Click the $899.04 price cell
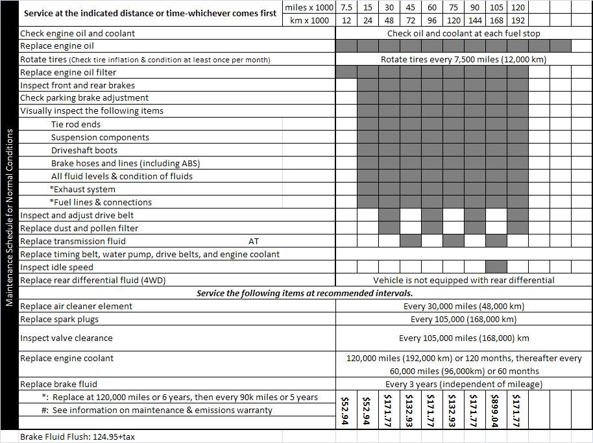tap(496, 410)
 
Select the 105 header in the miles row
tap(496, 7)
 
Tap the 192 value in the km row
tap(518, 20)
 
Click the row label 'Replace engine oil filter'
tap(68, 72)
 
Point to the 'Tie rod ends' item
tap(76, 124)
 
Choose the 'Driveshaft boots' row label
tap(84, 150)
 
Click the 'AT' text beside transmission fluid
tap(254, 241)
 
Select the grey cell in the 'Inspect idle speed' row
tap(496, 267)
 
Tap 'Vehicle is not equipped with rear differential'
tap(463, 280)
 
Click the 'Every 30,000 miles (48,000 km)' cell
tap(463, 306)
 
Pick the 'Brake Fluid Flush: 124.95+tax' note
tap(77, 437)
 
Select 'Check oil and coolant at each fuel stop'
tap(463, 33)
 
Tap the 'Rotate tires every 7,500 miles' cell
tap(463, 59)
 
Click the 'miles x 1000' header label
tap(309, 7)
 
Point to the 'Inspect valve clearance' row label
tap(66, 338)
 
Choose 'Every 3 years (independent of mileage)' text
tap(463, 384)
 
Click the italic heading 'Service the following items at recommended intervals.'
tap(304, 293)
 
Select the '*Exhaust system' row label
tap(82, 189)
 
